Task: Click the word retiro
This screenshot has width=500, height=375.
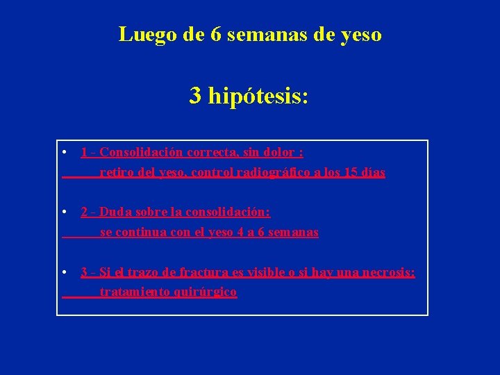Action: coord(116,172)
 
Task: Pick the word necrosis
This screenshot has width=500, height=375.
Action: coord(386,272)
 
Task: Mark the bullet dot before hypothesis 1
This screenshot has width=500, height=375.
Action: coord(64,152)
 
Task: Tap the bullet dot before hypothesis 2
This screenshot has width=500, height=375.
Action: coord(64,212)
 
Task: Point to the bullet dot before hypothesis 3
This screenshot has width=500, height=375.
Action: coord(64,272)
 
